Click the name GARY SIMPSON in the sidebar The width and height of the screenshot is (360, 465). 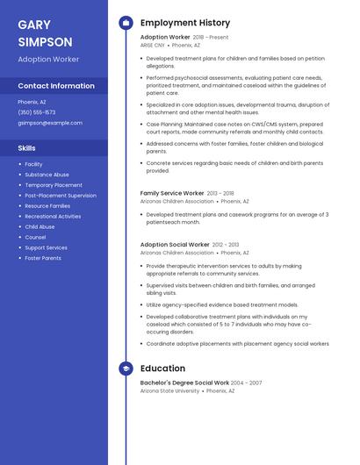[45, 33]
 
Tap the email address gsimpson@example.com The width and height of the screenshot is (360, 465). [50, 123]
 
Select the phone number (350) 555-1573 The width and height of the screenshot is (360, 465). [37, 112]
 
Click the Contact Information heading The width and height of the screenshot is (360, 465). [56, 86]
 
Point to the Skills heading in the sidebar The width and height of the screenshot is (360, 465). [26, 148]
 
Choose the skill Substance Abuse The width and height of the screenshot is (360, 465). [47, 175]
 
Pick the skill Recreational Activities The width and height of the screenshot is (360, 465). [53, 216]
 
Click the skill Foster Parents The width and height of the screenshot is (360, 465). [43, 258]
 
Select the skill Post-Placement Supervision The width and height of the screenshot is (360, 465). [61, 196]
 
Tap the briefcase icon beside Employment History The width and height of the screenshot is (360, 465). [126, 23]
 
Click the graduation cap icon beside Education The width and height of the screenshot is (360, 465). [126, 368]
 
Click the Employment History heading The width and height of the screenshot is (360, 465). [185, 23]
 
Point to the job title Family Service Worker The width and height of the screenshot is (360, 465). [172, 192]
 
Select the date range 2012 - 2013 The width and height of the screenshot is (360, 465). [226, 245]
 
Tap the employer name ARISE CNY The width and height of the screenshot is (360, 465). [152, 45]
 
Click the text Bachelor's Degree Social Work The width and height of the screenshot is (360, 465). [184, 383]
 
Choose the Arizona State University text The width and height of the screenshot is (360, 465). [169, 390]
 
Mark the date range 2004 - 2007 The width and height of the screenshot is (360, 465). [247, 383]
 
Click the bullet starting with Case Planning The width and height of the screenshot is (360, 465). [234, 127]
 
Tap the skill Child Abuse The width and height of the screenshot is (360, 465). [40, 226]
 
